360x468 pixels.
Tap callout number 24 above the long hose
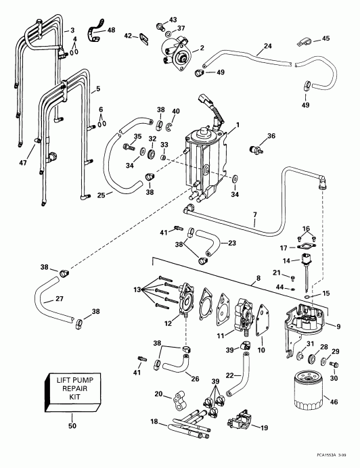(x=268, y=46)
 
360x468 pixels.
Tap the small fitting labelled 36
(x=255, y=145)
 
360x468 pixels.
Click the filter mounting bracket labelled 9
(x=307, y=313)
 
